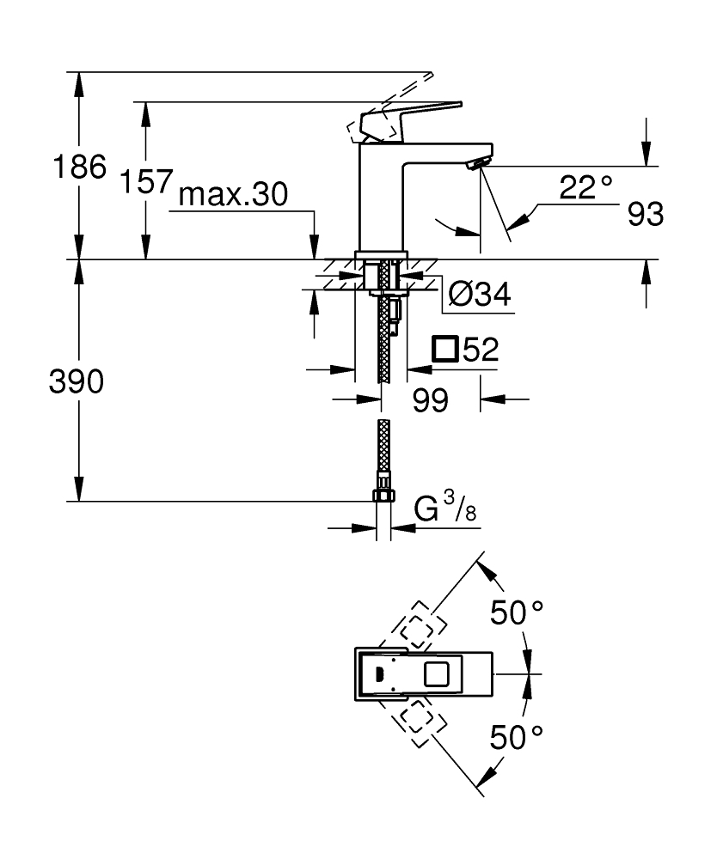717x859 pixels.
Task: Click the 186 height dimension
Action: pyautogui.click(x=79, y=167)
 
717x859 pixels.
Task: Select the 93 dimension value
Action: pyautogui.click(x=645, y=215)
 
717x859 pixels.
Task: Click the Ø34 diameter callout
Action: pyautogui.click(x=479, y=295)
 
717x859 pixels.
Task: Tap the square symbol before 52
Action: pyautogui.click(x=444, y=350)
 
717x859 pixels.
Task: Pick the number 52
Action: pyautogui.click(x=481, y=350)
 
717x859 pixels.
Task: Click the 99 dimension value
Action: pyautogui.click(x=430, y=399)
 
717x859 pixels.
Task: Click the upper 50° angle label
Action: pyautogui.click(x=517, y=612)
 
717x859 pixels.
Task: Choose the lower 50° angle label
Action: pyautogui.click(x=517, y=736)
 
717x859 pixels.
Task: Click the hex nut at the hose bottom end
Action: pyautogui.click(x=383, y=495)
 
